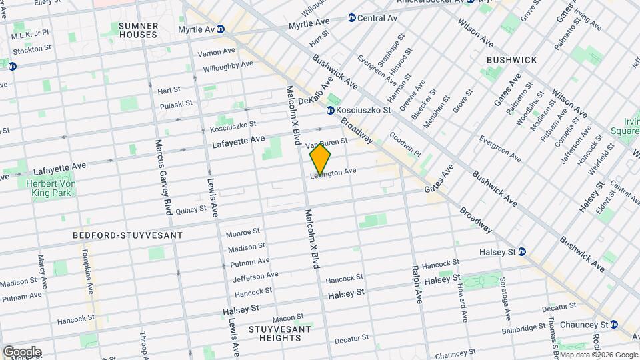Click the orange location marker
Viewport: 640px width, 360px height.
tap(321, 159)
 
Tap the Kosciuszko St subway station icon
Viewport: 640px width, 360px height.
tap(330, 110)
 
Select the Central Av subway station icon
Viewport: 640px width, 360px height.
tap(351, 18)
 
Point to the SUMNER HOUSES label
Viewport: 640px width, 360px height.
tap(138, 29)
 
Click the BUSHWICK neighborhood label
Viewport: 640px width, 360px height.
tap(511, 60)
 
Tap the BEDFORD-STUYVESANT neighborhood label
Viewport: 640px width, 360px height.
tap(127, 236)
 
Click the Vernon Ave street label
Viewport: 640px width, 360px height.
tap(217, 51)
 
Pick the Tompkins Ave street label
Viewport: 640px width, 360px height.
tap(87, 271)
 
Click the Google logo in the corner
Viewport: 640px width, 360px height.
tap(22, 351)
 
